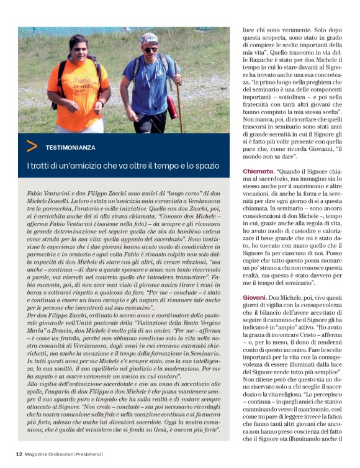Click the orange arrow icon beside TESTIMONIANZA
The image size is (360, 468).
coord(32,146)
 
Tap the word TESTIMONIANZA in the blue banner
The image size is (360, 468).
coord(70,148)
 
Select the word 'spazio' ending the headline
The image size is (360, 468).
coord(206,166)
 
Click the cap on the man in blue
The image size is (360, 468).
coord(149,38)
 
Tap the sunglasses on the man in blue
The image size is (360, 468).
coord(150,48)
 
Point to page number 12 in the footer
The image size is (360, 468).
coord(19,453)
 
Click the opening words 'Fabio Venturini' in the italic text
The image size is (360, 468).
coord(49,194)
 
